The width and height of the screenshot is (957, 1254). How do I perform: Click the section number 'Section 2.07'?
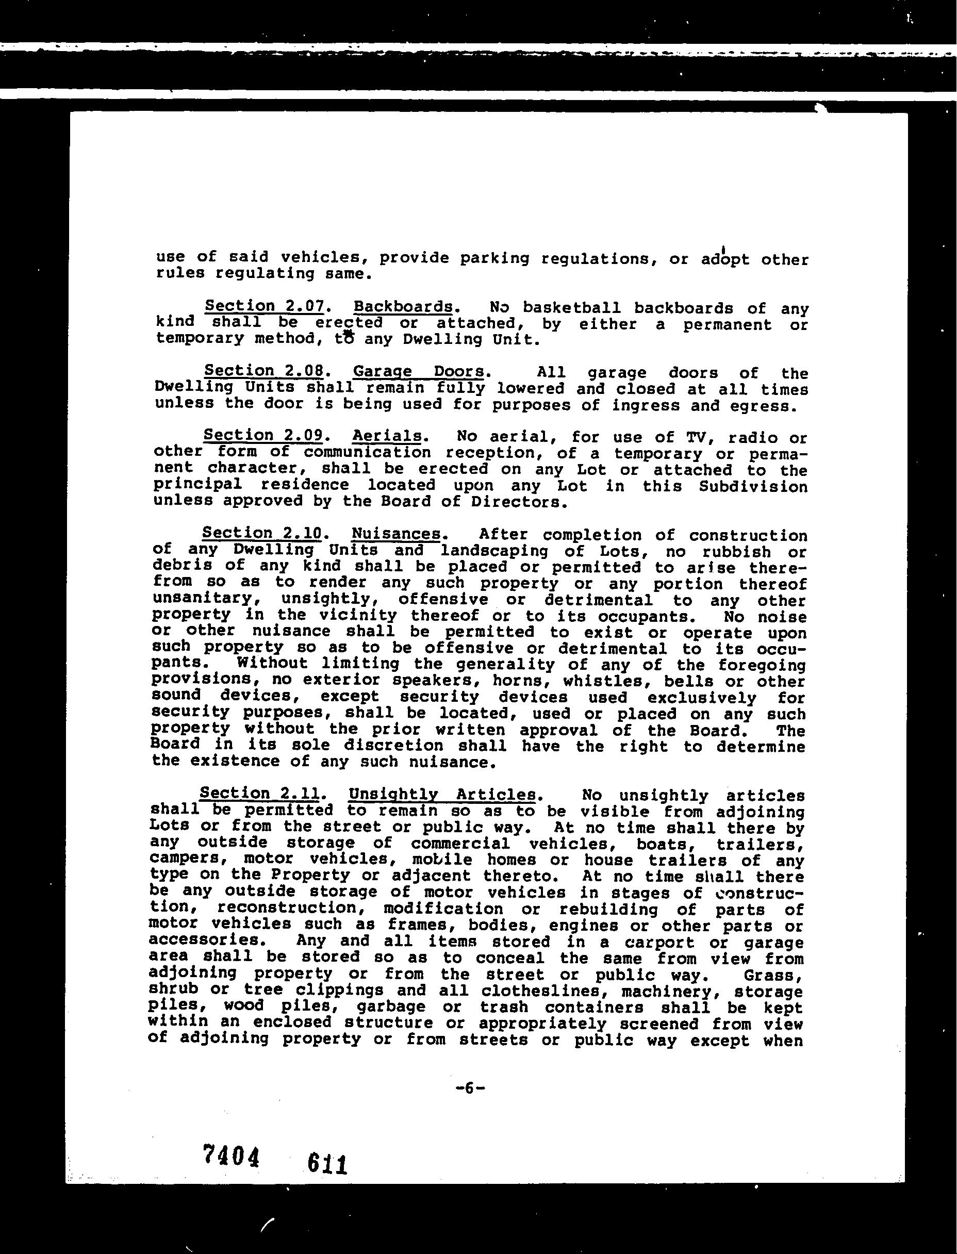[x=265, y=306]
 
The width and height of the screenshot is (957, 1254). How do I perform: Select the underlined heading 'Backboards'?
[x=403, y=306]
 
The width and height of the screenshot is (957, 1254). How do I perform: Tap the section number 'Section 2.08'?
[x=265, y=370]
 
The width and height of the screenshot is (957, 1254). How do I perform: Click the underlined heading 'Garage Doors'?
[x=419, y=371]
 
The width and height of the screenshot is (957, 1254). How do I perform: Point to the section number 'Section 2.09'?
[x=263, y=435]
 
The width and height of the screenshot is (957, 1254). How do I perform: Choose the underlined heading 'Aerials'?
[x=387, y=436]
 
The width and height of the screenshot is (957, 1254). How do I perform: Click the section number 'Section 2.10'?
[x=262, y=533]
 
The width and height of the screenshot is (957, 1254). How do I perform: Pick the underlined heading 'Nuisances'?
[x=396, y=534]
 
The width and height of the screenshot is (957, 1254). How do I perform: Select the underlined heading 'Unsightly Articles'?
[x=442, y=794]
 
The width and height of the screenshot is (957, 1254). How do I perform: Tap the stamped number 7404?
[x=230, y=1155]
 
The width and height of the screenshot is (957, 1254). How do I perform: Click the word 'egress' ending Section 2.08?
[x=761, y=405]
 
